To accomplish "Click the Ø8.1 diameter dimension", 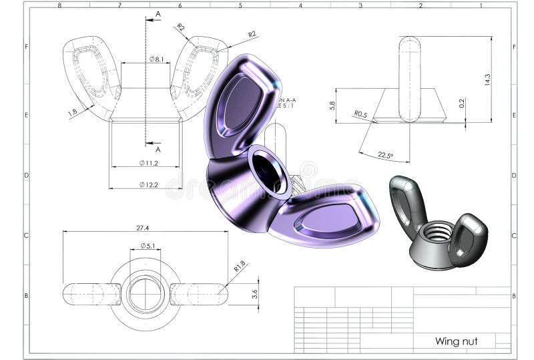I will point(156,59).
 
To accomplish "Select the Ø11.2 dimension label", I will point(148,163).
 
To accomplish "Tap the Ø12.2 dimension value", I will point(148,184).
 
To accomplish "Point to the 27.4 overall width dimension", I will point(142,228).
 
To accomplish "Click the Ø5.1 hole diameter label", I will point(148,246).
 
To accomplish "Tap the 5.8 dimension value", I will point(332,106).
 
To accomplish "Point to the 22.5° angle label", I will point(385,156).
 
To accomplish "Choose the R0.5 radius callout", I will point(360,114).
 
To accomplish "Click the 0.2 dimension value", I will point(461,104).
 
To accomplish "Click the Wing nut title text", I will point(456,341).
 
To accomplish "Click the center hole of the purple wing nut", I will point(268,171).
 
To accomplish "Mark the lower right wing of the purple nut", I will point(326,217).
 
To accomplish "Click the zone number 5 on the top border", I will point(240,5).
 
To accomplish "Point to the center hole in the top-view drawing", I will point(146,294).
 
